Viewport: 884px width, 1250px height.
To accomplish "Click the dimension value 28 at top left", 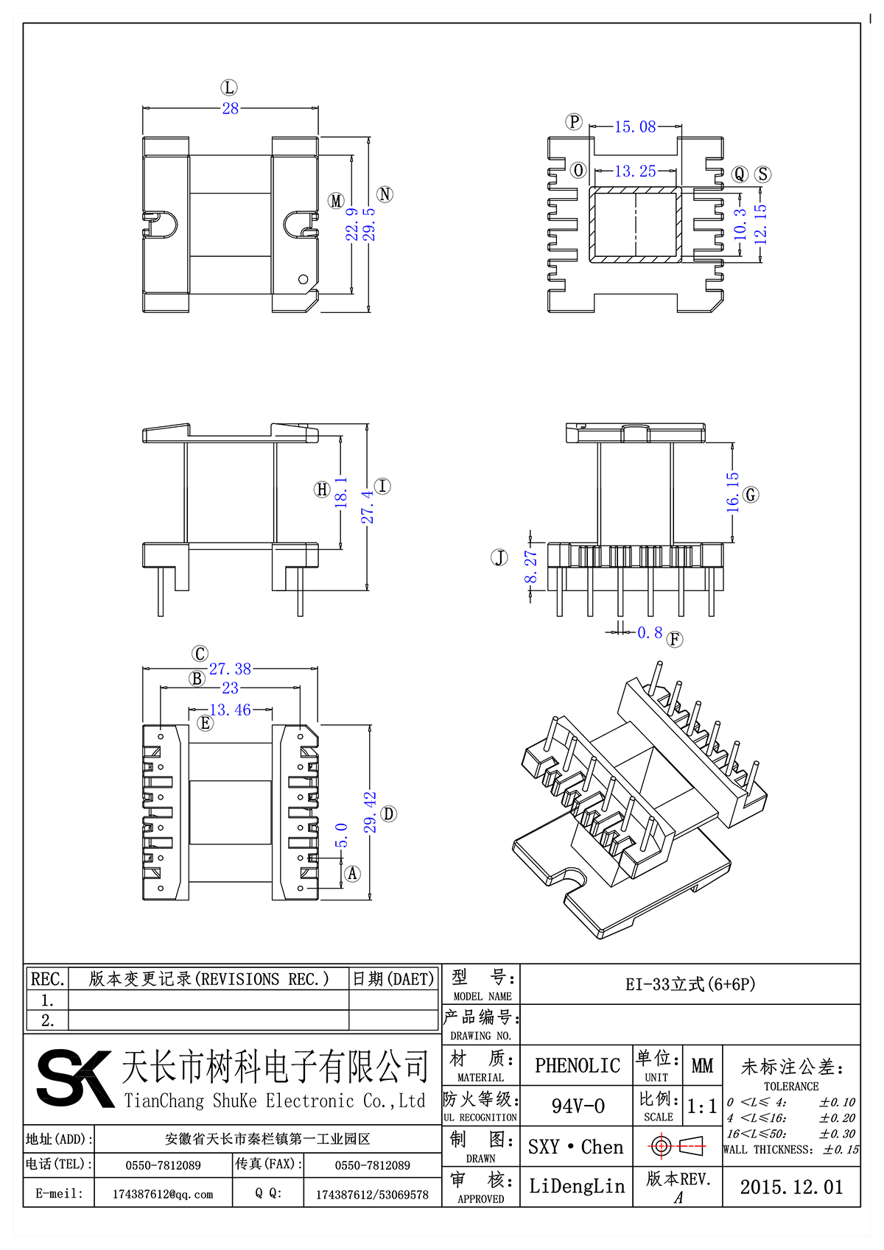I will [x=231, y=108].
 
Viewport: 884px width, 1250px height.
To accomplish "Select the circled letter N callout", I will [x=385, y=194].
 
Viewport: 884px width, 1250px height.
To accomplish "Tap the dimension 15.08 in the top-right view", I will [x=635, y=127].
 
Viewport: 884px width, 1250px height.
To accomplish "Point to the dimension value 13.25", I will [x=635, y=171].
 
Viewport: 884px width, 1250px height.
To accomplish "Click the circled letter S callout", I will [x=763, y=174].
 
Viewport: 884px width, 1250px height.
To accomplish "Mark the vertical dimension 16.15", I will [x=732, y=492].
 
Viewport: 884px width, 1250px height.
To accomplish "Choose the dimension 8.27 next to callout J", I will [x=530, y=567].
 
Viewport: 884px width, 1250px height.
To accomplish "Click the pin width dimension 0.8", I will [x=650, y=632].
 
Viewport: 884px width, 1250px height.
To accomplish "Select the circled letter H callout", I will [x=322, y=490].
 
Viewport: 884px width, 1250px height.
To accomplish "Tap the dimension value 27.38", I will [x=230, y=668].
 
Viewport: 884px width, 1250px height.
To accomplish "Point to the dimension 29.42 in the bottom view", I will [x=370, y=813].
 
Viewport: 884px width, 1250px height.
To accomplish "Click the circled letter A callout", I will [x=353, y=874].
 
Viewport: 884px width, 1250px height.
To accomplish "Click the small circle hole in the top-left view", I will [x=303, y=279].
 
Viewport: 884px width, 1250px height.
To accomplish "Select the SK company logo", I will [x=74, y=1078].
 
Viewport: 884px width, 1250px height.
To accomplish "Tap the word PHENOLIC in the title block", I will [x=577, y=1065].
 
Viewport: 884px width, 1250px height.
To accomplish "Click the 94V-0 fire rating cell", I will [x=578, y=1106].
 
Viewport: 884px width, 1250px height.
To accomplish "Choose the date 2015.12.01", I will [x=791, y=1187].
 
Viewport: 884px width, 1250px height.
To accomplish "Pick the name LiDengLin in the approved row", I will [x=577, y=1186].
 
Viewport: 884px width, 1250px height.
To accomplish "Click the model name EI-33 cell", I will [x=690, y=984].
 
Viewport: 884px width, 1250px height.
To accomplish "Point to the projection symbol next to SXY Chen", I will [x=677, y=1146].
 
